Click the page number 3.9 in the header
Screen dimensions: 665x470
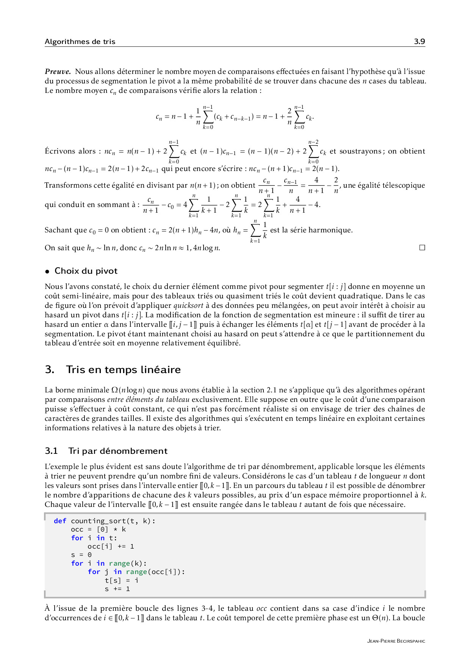click(x=419, y=41)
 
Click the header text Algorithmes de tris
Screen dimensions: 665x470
click(x=80, y=42)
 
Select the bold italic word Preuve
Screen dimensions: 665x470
click(x=58, y=72)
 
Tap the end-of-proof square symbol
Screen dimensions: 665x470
click(x=422, y=248)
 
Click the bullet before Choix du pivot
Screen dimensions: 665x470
click(x=47, y=271)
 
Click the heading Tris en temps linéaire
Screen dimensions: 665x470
click(x=123, y=370)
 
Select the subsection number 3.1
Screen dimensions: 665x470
click(x=51, y=451)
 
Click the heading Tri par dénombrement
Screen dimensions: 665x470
click(x=117, y=451)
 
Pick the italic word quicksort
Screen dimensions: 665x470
click(x=188, y=306)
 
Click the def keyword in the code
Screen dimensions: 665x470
click(x=60, y=521)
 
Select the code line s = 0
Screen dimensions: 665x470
click(x=81, y=555)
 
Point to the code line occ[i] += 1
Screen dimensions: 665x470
click(x=111, y=546)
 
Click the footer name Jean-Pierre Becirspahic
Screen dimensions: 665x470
click(x=396, y=641)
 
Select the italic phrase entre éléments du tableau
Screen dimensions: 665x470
click(x=148, y=400)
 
